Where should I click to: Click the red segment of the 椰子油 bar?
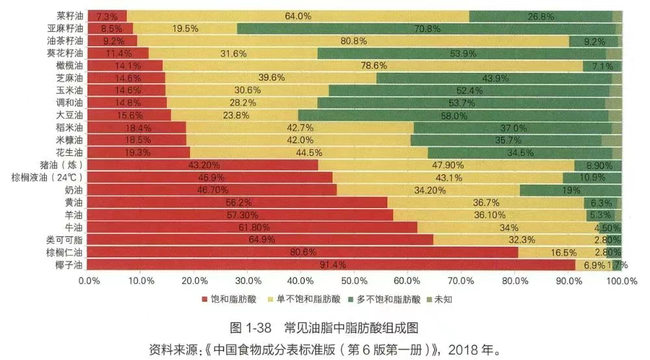(x=331, y=264)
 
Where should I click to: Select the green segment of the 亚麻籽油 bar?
(x=426, y=28)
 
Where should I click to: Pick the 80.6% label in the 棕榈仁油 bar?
(x=303, y=252)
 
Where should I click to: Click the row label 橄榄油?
(x=70, y=66)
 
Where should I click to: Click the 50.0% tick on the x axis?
(x=355, y=281)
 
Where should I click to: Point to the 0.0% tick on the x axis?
(x=89, y=281)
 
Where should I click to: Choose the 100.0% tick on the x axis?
(x=621, y=281)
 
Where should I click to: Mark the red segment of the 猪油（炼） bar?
(x=203, y=165)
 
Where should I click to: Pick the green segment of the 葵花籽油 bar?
(x=461, y=53)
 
